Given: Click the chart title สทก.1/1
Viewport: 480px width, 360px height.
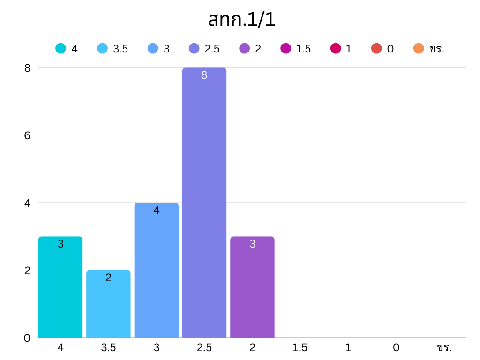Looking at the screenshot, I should coord(241,20).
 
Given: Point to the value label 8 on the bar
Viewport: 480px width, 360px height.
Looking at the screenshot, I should coord(204,75).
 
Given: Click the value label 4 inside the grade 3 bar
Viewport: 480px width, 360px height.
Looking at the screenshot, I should coord(157,210).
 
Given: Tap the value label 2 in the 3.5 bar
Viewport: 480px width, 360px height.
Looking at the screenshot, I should coord(108,277).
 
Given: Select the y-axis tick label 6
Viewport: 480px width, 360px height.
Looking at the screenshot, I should coord(27,135).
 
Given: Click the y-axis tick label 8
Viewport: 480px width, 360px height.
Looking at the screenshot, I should coord(27,68).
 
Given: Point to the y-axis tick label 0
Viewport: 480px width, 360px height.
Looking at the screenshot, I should coord(27,338).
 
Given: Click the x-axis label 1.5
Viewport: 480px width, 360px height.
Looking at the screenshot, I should coord(300,348).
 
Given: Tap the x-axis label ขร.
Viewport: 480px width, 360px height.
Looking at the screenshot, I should coord(443,348).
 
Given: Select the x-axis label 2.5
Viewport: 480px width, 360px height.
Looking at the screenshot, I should coord(204,348).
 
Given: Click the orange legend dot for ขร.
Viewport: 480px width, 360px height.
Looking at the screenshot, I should coord(419,48).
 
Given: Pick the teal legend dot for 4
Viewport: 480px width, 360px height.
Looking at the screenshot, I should coord(60,48).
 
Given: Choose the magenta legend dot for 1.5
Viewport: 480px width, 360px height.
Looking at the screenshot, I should coord(285,48).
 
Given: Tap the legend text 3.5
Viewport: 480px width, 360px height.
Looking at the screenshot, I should coord(120,49).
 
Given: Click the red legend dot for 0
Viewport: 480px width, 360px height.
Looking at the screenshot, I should coord(376,48).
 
